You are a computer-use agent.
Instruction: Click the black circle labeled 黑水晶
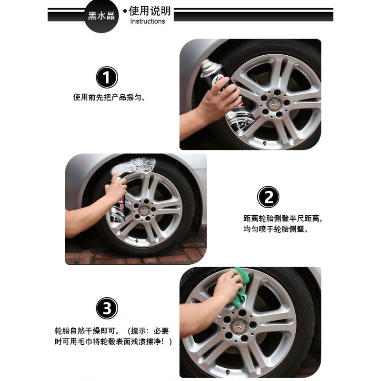[101, 16]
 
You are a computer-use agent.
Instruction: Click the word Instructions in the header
[148, 21]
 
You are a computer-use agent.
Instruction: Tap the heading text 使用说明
[150, 10]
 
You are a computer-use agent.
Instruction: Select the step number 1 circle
[107, 77]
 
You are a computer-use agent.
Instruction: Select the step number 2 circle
[268, 197]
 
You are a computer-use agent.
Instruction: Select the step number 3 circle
[107, 308]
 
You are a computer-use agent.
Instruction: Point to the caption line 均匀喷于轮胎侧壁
[276, 229]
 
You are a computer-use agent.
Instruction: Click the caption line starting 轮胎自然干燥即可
[111, 331]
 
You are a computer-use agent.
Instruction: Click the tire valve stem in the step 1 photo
[265, 143]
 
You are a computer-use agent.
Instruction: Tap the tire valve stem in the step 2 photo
[137, 241]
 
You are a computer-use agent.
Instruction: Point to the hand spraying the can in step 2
[116, 188]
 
